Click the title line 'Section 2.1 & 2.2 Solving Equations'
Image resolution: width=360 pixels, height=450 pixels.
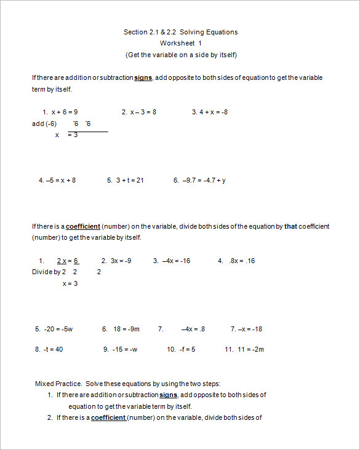click(x=180, y=32)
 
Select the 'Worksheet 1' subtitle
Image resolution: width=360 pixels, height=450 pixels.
click(x=180, y=43)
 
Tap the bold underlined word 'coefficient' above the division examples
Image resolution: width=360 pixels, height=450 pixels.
click(x=83, y=226)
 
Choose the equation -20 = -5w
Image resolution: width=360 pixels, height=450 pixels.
click(x=58, y=329)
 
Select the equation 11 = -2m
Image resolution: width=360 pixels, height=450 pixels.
click(x=249, y=349)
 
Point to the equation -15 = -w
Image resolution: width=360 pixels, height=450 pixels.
click(x=124, y=349)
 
